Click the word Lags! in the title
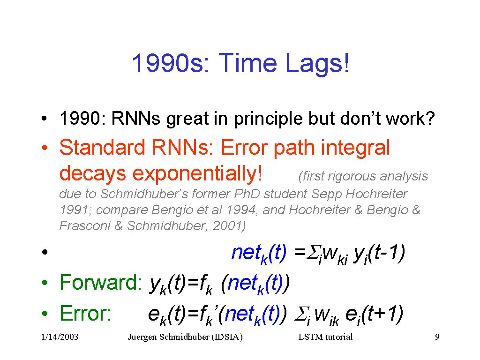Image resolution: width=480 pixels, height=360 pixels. point(317,63)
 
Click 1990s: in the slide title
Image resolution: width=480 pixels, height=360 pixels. point(171,63)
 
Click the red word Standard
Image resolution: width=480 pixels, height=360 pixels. point(102,147)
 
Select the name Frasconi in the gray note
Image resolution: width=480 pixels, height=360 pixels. point(84,225)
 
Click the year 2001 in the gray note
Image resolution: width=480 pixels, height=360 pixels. point(229,226)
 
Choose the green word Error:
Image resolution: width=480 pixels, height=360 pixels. point(85,314)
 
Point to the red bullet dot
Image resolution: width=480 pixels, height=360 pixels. point(45,148)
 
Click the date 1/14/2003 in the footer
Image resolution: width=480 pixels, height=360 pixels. point(60,337)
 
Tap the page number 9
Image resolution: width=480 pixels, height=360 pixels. point(437,337)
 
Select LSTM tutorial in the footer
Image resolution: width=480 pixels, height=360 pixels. point(325,337)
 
